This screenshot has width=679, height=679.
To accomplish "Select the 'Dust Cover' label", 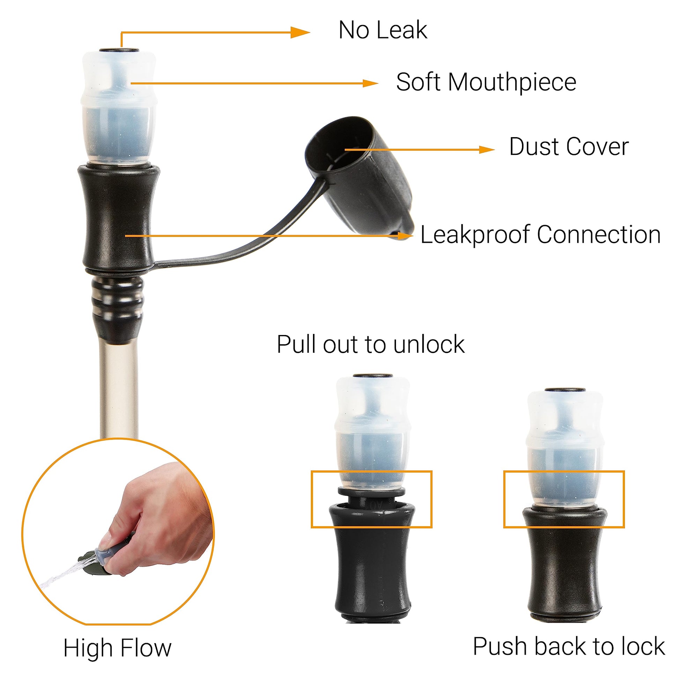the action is pyautogui.click(x=569, y=147).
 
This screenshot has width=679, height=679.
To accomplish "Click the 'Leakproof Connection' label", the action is pyautogui.click(x=540, y=235).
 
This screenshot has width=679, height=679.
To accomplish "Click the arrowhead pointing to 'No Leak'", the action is pyautogui.click(x=300, y=33).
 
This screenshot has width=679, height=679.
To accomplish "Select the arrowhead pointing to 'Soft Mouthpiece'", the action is pyautogui.click(x=370, y=83).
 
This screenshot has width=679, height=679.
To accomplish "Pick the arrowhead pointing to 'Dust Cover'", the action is pyautogui.click(x=487, y=150).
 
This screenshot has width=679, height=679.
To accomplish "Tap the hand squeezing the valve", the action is pyautogui.click(x=158, y=517).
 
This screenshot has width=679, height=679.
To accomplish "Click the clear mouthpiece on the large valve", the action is pyautogui.click(x=118, y=107).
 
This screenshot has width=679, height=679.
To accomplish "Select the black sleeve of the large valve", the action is pyautogui.click(x=119, y=218).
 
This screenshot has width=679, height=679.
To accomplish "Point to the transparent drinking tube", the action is pyautogui.click(x=119, y=390).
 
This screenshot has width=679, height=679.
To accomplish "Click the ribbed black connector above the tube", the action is pyautogui.click(x=118, y=308).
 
